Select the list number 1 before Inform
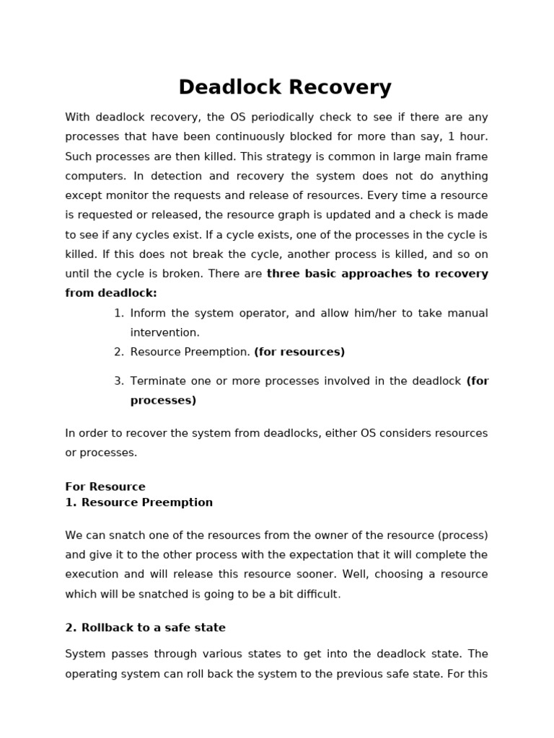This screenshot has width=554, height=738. pyautogui.click(x=118, y=313)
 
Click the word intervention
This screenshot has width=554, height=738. pyautogui.click(x=164, y=332)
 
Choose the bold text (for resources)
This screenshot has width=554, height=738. pyautogui.click(x=299, y=352)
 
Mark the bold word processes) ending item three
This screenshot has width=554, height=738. pyautogui.click(x=163, y=401)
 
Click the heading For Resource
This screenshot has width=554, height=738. pyautogui.click(x=105, y=486)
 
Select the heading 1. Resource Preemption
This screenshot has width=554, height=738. pyautogui.click(x=138, y=502)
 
